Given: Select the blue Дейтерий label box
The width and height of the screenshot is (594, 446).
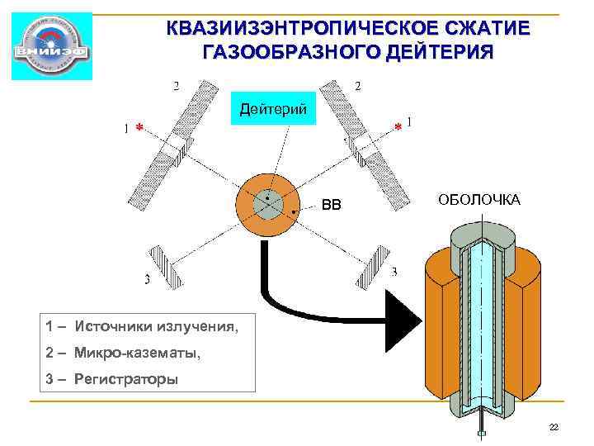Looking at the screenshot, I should (x=272, y=108).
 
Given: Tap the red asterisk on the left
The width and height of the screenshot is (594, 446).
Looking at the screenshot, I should (x=139, y=128).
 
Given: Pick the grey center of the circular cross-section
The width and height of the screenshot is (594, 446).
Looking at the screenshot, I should (x=267, y=203).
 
